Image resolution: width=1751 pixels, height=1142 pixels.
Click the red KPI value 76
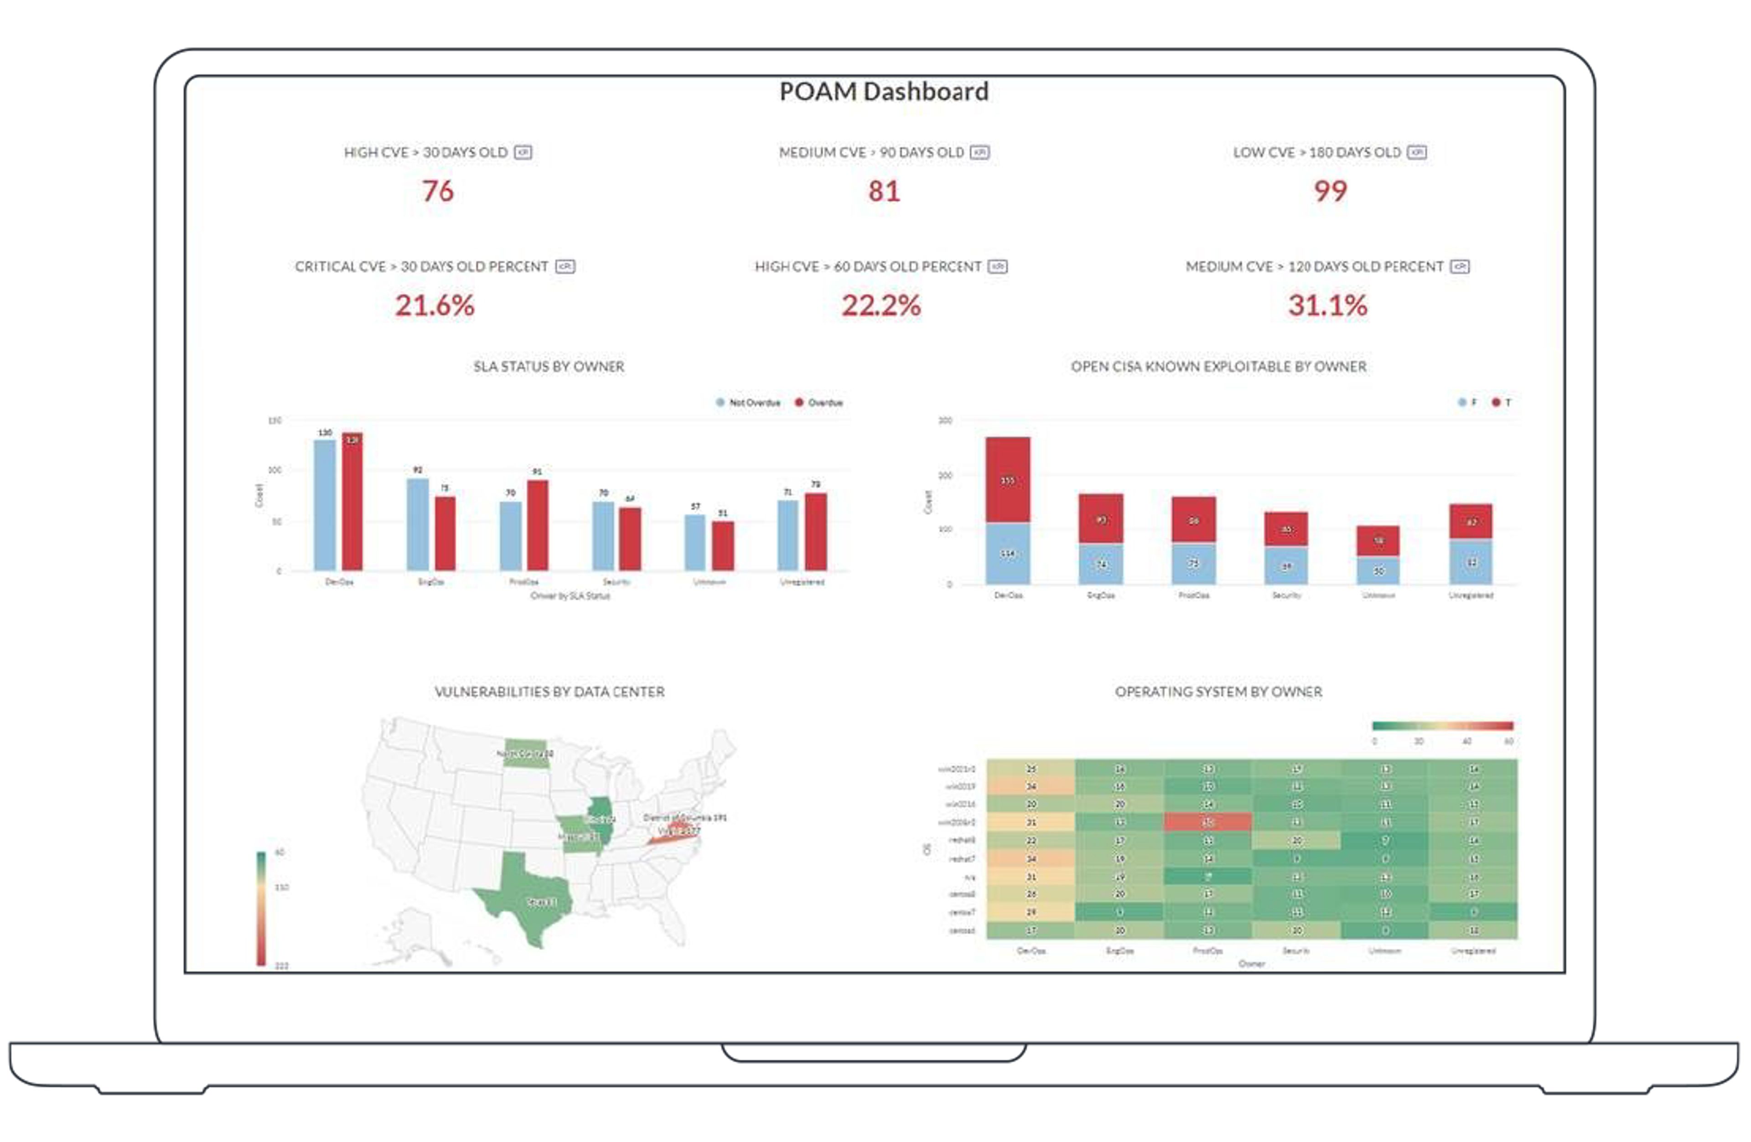click(x=438, y=191)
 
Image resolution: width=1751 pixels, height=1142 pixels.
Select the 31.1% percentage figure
click(x=1327, y=306)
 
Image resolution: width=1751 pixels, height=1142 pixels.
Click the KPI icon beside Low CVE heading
click(x=1416, y=152)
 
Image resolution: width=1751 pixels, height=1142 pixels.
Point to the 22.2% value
click(x=881, y=306)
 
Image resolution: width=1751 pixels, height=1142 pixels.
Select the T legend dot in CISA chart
click(x=1496, y=403)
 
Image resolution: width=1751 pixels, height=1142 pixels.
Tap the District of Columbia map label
click(x=684, y=817)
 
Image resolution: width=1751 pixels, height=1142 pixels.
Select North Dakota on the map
click(x=525, y=753)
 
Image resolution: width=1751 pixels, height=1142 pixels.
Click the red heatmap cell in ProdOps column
click(x=1207, y=822)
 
